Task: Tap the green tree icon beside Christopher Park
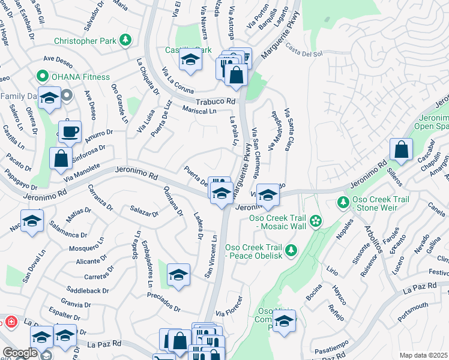pyautogui.click(x=125, y=41)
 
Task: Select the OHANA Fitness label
pyautogui.click(x=80, y=77)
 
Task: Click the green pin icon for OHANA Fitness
pyautogui.click(x=42, y=77)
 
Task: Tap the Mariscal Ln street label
pyautogui.click(x=199, y=111)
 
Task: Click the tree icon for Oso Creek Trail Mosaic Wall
pyautogui.click(x=316, y=222)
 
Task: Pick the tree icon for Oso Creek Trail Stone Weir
pyautogui.click(x=343, y=203)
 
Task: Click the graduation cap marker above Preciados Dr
pyautogui.click(x=178, y=275)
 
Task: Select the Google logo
pyautogui.click(x=20, y=353)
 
